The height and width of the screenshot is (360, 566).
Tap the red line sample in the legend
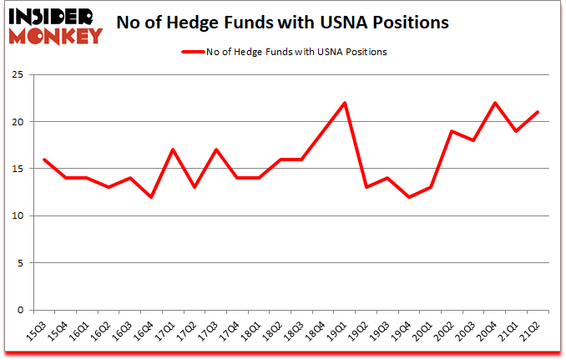pos(194,52)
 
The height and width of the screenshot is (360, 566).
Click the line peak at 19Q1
pos(344,103)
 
